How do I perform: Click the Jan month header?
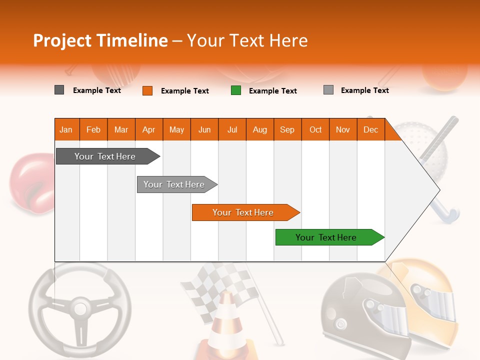[66, 129]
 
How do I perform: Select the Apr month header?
[148, 129]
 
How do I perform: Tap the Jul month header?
[232, 129]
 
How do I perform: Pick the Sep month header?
[287, 129]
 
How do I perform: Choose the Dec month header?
[370, 129]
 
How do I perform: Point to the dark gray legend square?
[59, 90]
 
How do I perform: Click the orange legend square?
[147, 90]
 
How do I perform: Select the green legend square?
[236, 90]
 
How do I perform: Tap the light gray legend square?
[328, 90]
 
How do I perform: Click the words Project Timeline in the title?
[100, 40]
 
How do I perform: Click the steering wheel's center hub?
[79, 306]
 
